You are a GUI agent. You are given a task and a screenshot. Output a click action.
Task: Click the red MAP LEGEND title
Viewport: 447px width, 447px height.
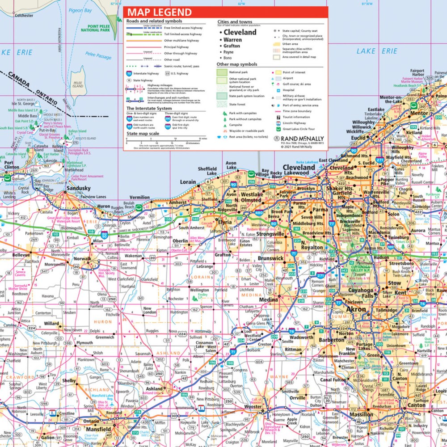pos(159,13)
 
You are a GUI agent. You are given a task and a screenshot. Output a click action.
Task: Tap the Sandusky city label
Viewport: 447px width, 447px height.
pos(78,189)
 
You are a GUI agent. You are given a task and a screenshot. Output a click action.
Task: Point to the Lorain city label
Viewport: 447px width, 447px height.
pos(188,182)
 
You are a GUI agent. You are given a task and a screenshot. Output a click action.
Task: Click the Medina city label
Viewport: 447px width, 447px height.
pos(268,299)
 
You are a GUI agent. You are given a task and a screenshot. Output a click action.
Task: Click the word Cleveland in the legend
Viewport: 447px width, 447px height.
pos(240,32)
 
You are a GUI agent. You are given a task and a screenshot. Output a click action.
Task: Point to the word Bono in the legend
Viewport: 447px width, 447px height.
pos(228,58)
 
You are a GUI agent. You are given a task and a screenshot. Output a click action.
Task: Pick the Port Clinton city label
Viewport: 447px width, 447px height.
pos(12,165)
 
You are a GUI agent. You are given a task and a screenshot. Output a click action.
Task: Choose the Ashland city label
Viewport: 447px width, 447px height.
pos(155,389)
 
